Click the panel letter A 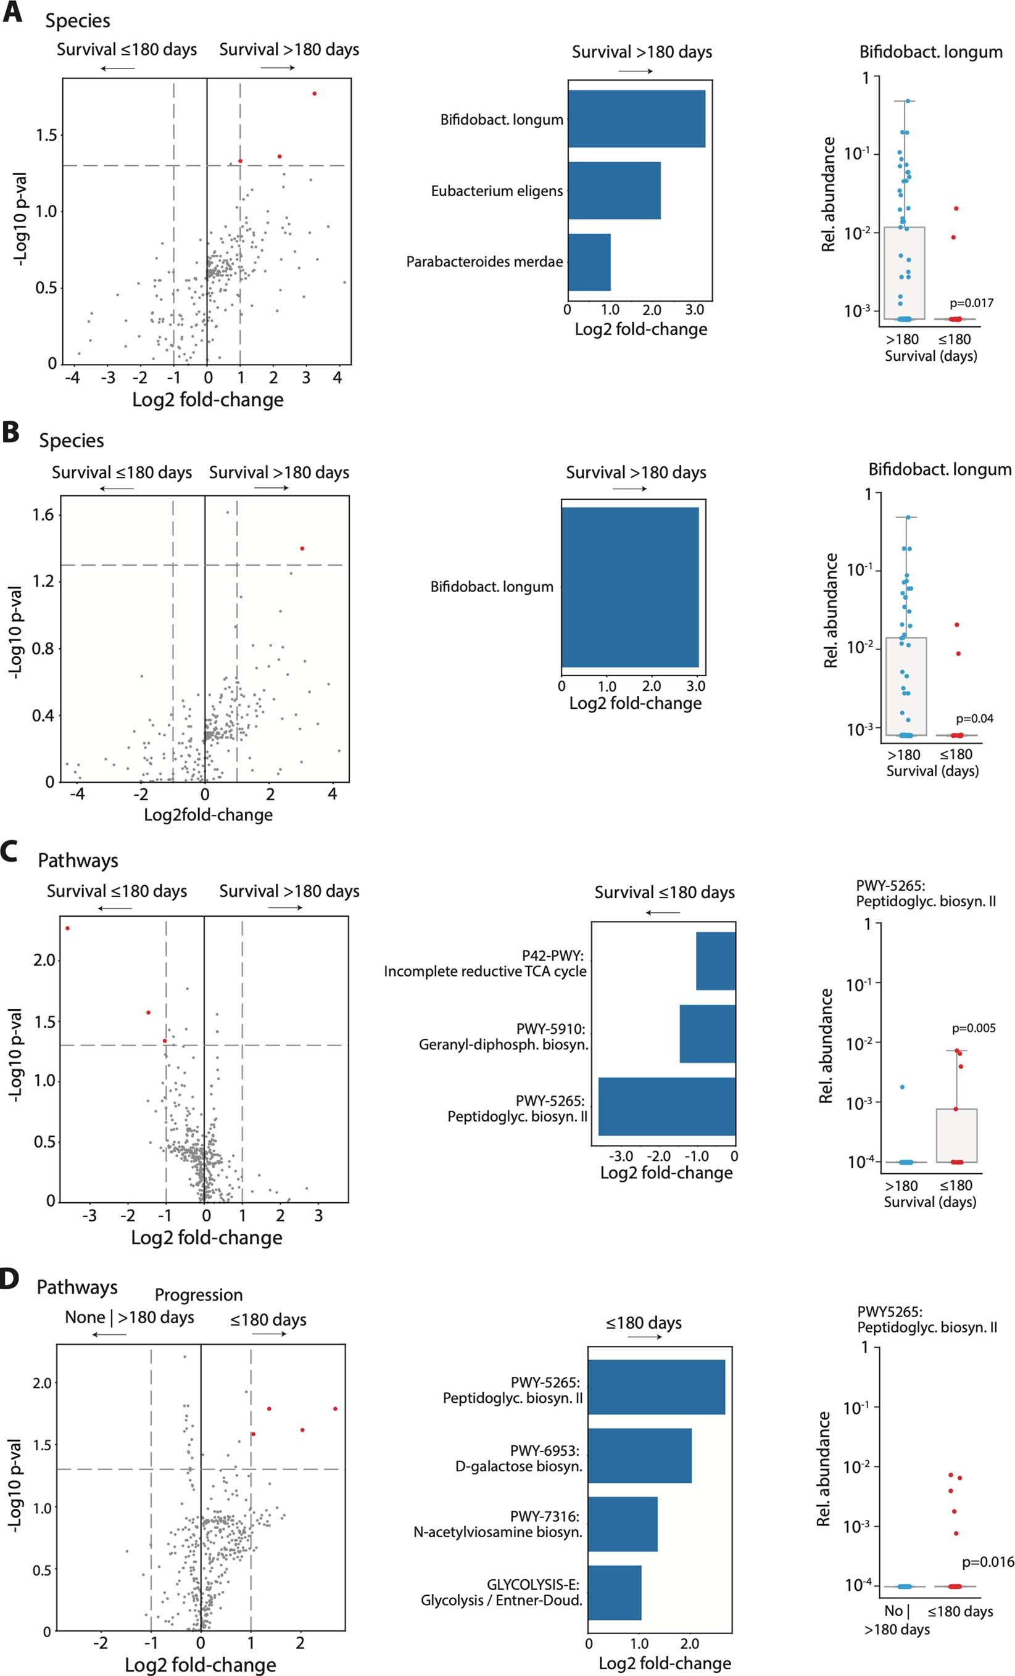point(12,14)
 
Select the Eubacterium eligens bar point(613,191)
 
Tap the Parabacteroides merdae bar point(589,262)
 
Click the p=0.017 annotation point(971,303)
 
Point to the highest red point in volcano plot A point(314,93)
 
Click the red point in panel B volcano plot point(302,548)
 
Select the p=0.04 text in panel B point(974,718)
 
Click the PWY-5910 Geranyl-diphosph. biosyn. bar point(707,1033)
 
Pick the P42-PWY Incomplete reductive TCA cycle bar point(715,960)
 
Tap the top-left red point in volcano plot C point(67,928)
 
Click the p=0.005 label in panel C point(973,1028)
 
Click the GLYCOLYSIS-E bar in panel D point(615,1592)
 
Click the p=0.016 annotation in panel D point(988,1562)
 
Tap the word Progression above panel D point(199,1295)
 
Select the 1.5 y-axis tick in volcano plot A point(46,135)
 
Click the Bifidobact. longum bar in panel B point(630,587)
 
